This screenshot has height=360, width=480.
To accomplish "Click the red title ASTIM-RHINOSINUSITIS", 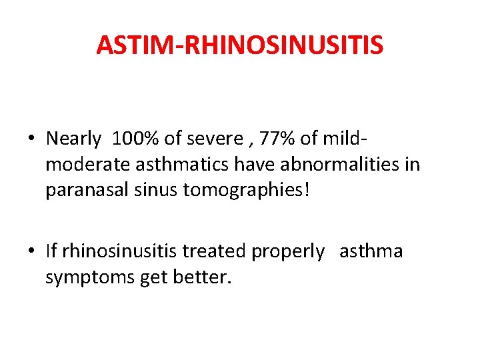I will point(240,45).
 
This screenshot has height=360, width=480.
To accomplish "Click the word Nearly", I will point(73,139).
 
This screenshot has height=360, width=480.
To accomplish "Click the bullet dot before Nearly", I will point(31,139).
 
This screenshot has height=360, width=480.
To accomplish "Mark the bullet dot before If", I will point(31,252).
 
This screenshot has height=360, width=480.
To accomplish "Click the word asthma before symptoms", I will point(371,251).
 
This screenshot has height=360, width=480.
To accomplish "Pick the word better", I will point(200,277).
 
